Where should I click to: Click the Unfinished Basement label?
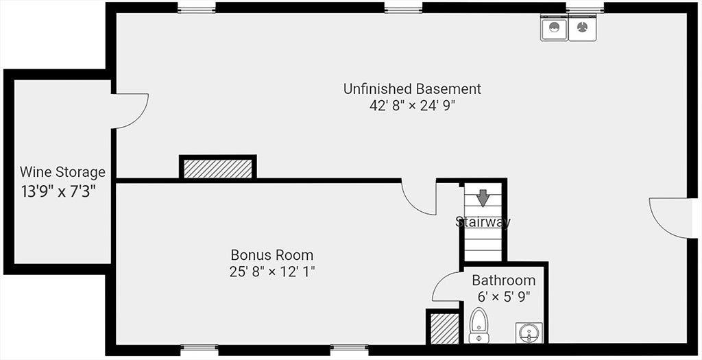tap(412, 88)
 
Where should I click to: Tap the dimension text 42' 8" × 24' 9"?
tap(412, 106)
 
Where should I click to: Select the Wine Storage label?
tap(62, 172)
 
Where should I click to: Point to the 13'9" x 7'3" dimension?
tap(58, 191)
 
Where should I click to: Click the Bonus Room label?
tap(271, 255)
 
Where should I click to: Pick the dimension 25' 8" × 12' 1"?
tap(272, 272)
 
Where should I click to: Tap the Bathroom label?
tap(504, 280)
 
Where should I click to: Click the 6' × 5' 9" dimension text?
tap(504, 297)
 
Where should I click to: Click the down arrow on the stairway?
tap(482, 198)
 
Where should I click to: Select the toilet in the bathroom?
tap(479, 326)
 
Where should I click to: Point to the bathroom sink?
tap(529, 333)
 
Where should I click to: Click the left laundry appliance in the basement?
tap(554, 27)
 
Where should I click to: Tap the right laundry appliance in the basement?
tap(583, 27)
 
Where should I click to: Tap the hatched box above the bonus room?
tap(218, 168)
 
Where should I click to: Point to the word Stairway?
tap(483, 221)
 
